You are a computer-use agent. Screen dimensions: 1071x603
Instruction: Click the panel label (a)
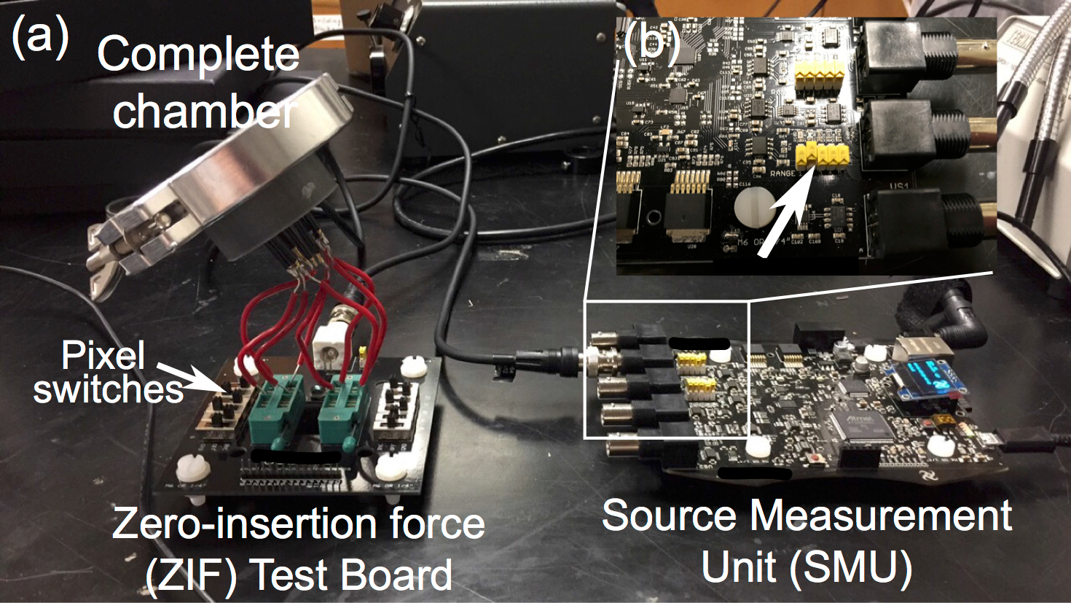pyautogui.click(x=40, y=38)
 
